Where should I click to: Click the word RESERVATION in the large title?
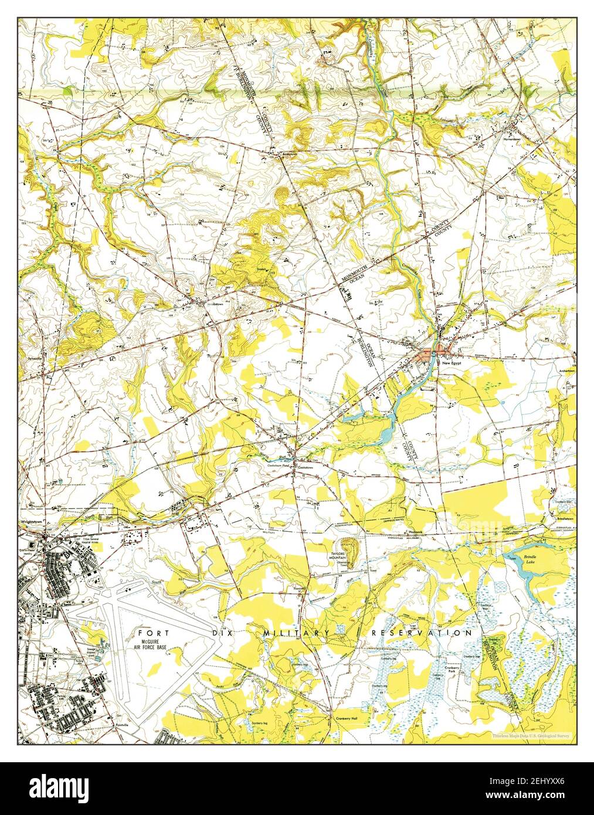pyautogui.click(x=422, y=633)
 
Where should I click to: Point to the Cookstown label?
pyautogui.click(x=304, y=467)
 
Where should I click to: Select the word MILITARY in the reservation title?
pyautogui.click(x=296, y=633)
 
